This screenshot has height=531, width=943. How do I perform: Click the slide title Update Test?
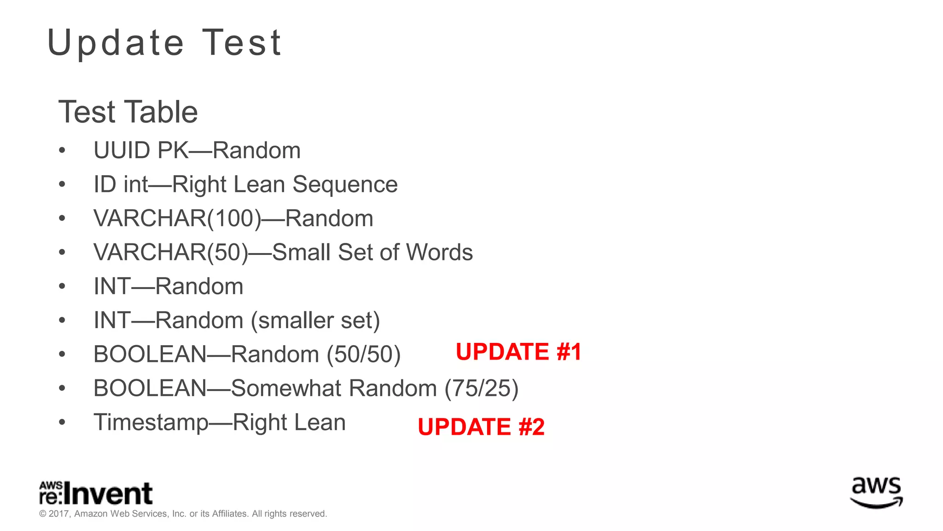coord(164,43)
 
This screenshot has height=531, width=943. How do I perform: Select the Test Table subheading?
coord(128,112)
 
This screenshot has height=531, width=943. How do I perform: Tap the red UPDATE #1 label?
coord(518,352)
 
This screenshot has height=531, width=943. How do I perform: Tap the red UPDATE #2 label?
coord(481,426)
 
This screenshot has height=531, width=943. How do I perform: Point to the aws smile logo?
coord(876,492)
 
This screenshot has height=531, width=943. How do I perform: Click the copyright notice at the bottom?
coord(183,514)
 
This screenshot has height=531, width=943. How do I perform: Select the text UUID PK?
coord(141,151)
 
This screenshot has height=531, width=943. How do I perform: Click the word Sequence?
coord(345,184)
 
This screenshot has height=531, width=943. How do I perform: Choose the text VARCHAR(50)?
coord(171,253)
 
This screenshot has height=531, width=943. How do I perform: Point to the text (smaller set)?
coord(315,320)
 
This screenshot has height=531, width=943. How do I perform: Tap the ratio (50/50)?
coord(364,354)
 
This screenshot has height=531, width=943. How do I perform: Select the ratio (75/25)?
coord(481,388)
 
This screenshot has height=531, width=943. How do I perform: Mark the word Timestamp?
coord(151,423)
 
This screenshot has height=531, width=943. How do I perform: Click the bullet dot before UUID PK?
coord(62,151)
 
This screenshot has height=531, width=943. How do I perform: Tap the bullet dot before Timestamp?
coord(62,422)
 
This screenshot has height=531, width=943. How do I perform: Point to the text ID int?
coord(121,184)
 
